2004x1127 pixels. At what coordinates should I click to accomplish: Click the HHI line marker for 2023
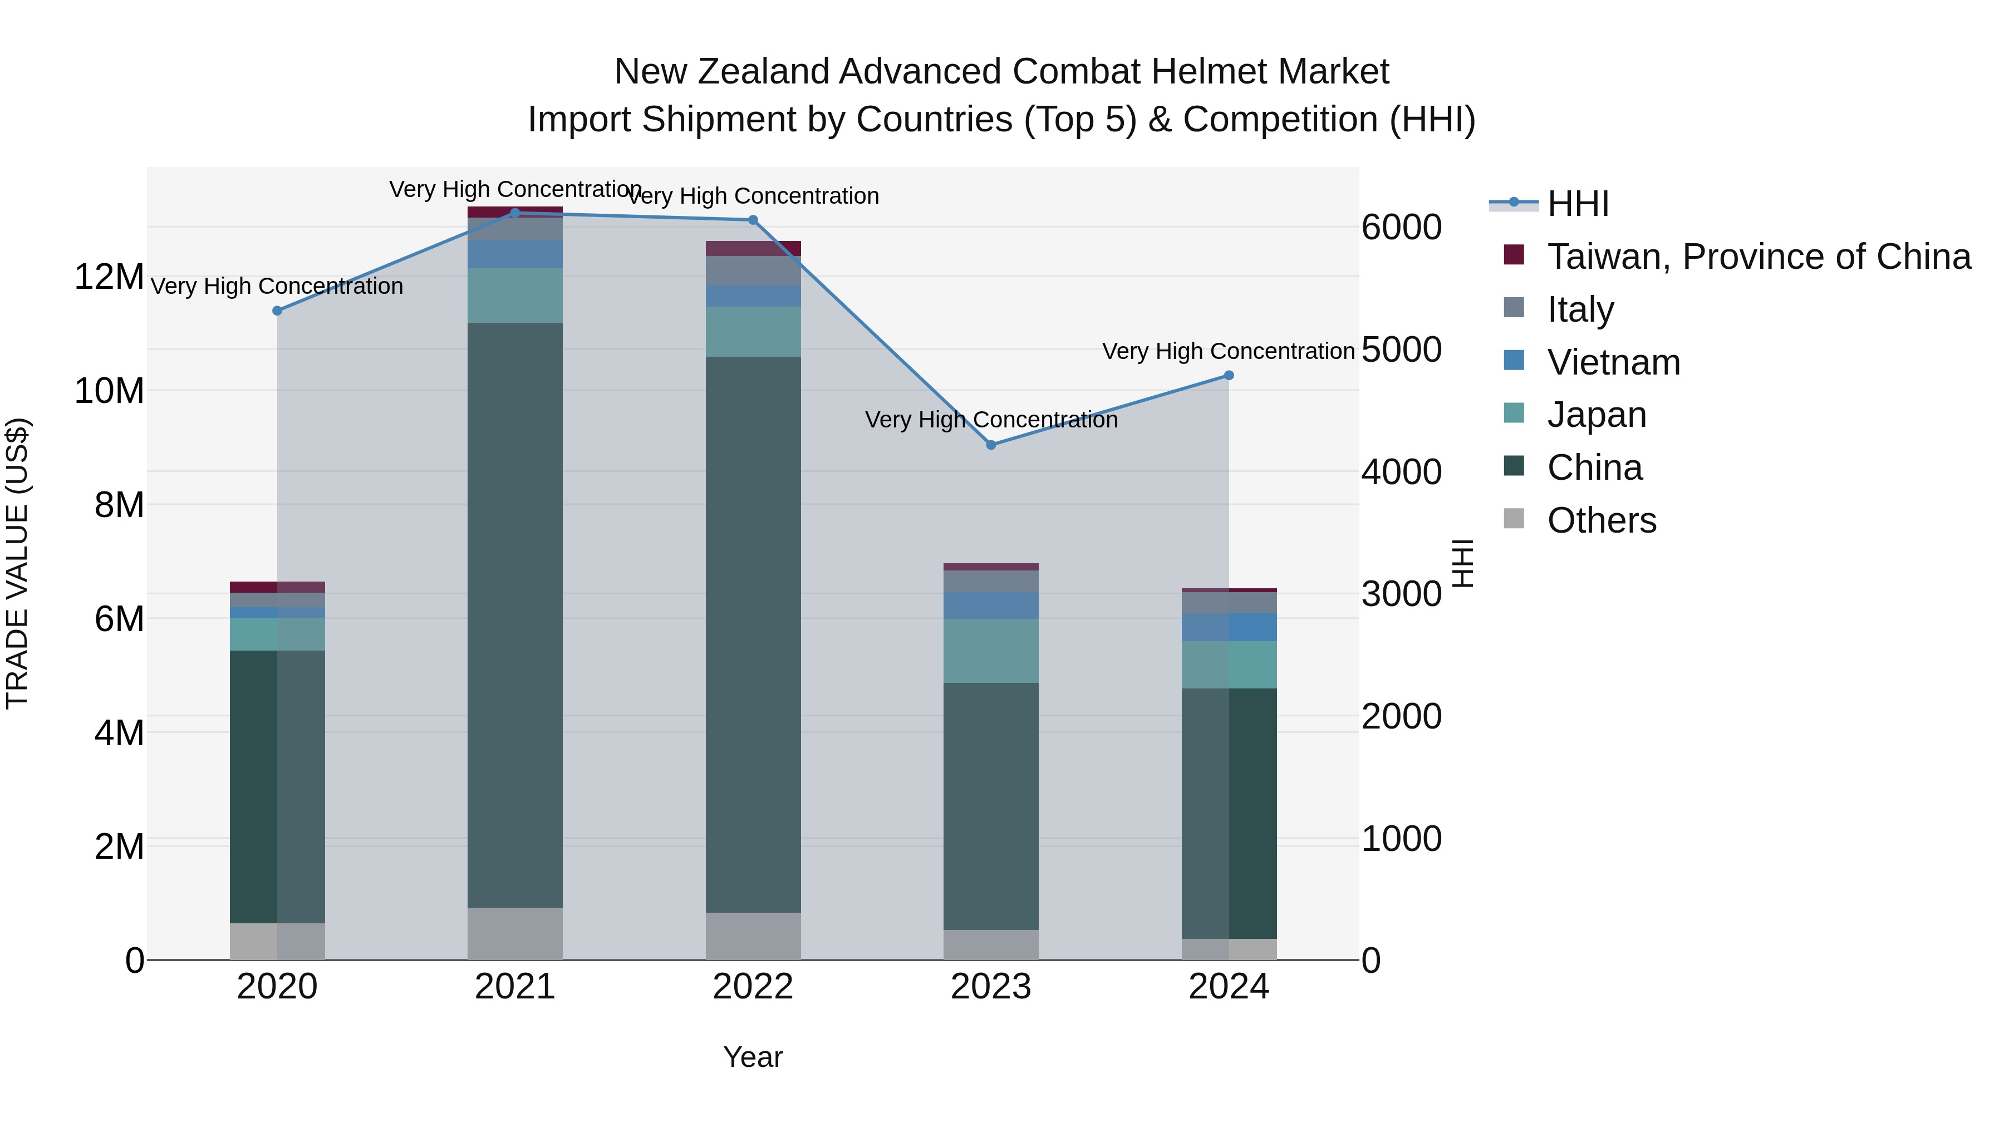990,445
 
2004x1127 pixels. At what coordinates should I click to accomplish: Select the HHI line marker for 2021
514,213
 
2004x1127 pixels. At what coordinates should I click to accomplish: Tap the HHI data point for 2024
1229,376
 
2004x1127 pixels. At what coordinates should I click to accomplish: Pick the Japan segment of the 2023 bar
990,651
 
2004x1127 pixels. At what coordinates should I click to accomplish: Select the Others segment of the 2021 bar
514,933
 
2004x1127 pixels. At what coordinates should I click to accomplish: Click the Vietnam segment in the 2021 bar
514,254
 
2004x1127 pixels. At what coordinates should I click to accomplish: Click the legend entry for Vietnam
1613,362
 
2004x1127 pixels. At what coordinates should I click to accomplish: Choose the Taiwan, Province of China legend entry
1758,257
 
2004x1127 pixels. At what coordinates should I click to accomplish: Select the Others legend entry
1601,520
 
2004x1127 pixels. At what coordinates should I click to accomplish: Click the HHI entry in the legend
1577,204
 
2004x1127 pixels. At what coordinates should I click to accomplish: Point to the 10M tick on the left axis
109,391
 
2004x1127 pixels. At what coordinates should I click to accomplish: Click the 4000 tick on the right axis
1401,472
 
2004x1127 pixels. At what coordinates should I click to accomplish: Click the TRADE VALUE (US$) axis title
17,563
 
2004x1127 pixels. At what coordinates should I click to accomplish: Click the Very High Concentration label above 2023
990,420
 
